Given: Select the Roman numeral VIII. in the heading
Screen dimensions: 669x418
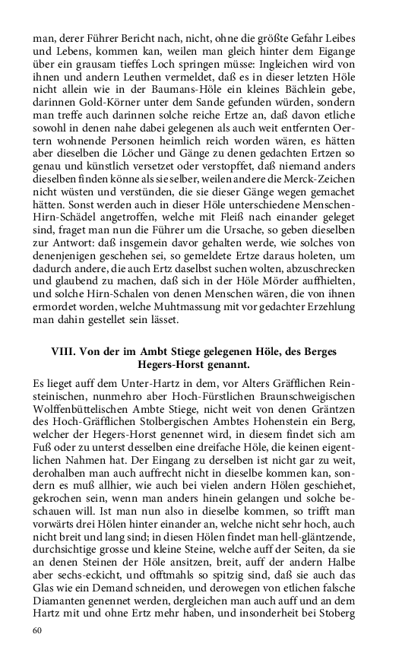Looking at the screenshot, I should coord(65,353).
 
